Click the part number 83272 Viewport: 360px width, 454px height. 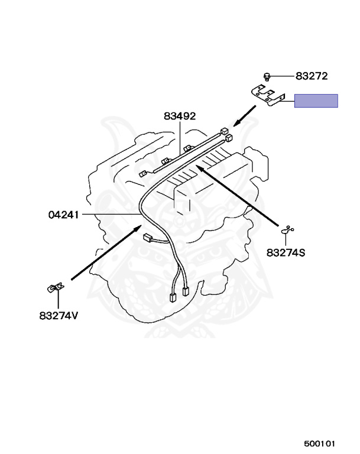(312, 76)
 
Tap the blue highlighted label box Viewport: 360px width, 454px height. (316, 100)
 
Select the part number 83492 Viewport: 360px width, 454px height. (180, 116)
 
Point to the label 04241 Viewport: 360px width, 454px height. (63, 215)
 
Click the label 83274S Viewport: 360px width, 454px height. (286, 253)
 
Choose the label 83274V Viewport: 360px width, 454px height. (59, 315)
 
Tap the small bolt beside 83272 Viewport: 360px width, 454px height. (267, 76)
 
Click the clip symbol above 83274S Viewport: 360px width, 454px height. (287, 230)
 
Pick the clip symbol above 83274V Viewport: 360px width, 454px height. (55, 288)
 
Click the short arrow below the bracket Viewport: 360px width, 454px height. (245, 116)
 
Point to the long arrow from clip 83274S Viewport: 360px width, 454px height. (237, 196)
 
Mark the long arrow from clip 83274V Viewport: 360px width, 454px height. (106, 252)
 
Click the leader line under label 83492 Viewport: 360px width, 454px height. (180, 138)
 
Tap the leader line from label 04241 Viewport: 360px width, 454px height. (111, 215)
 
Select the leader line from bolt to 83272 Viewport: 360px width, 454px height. (283, 76)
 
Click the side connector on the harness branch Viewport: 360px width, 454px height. (148, 238)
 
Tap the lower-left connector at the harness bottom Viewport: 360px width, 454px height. (173, 298)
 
